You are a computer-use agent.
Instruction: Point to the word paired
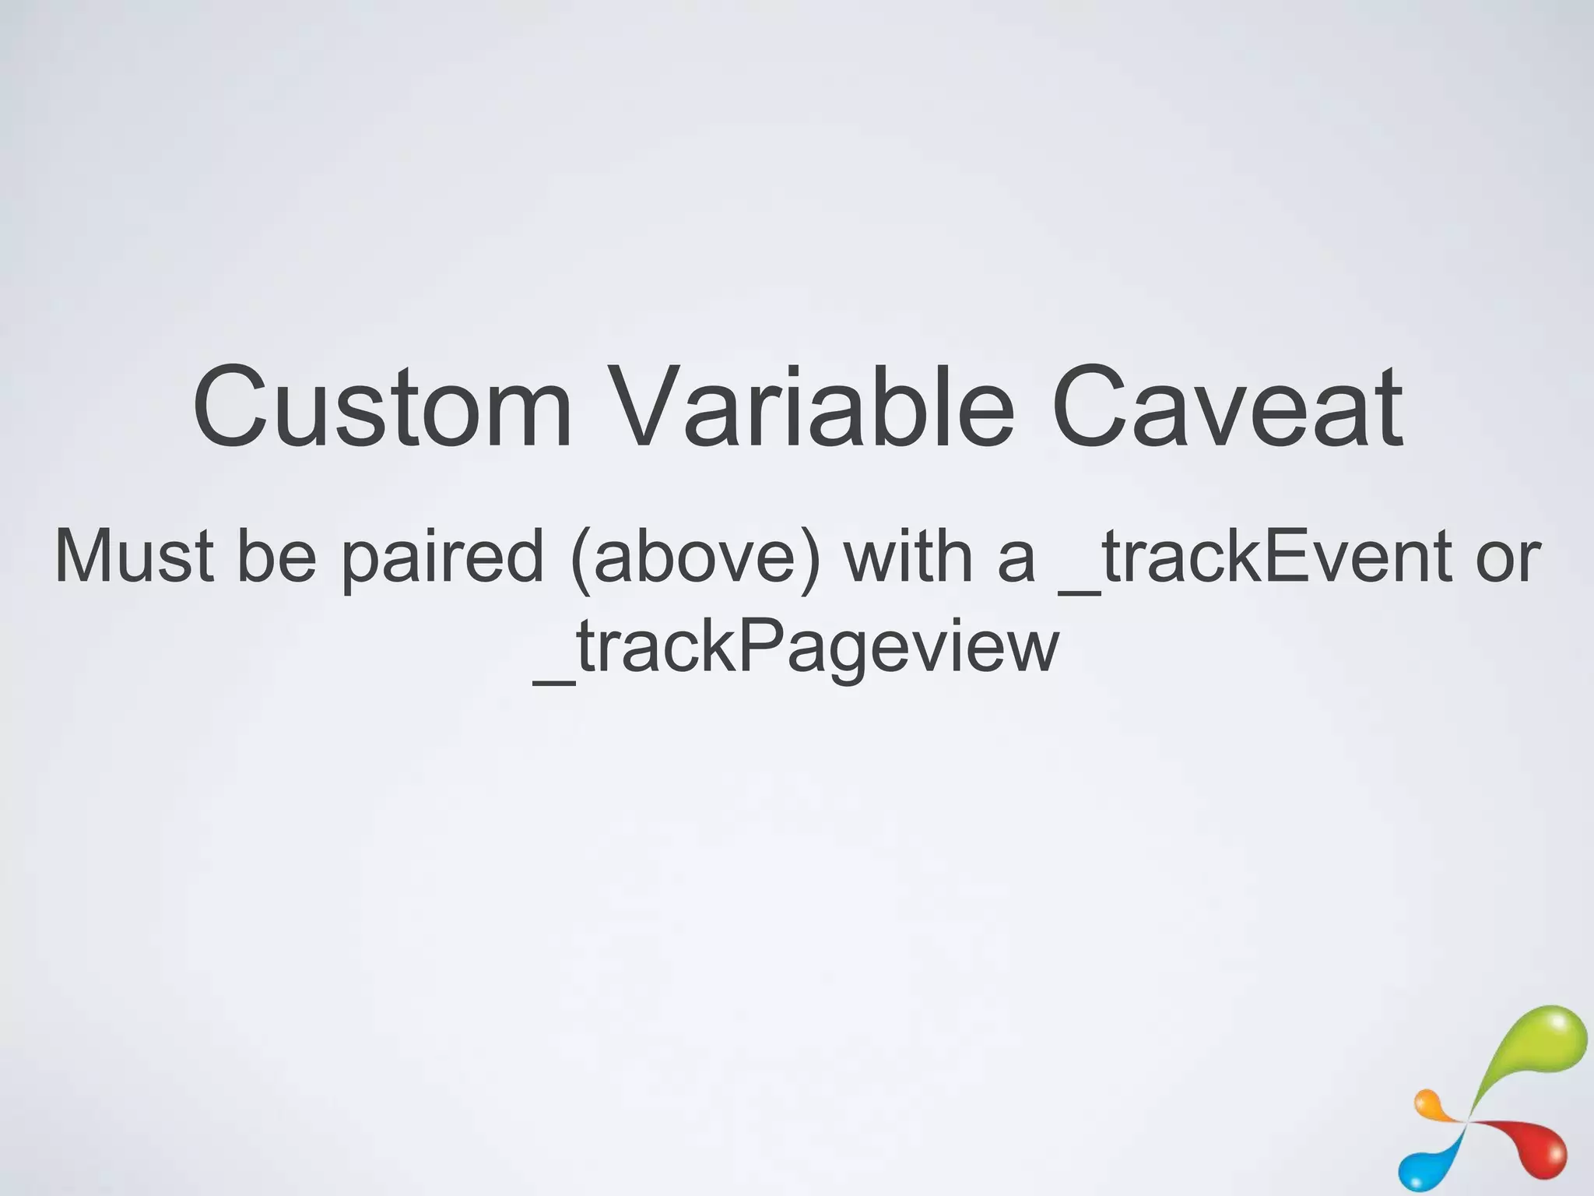442,558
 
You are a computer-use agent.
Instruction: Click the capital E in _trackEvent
1287,556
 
